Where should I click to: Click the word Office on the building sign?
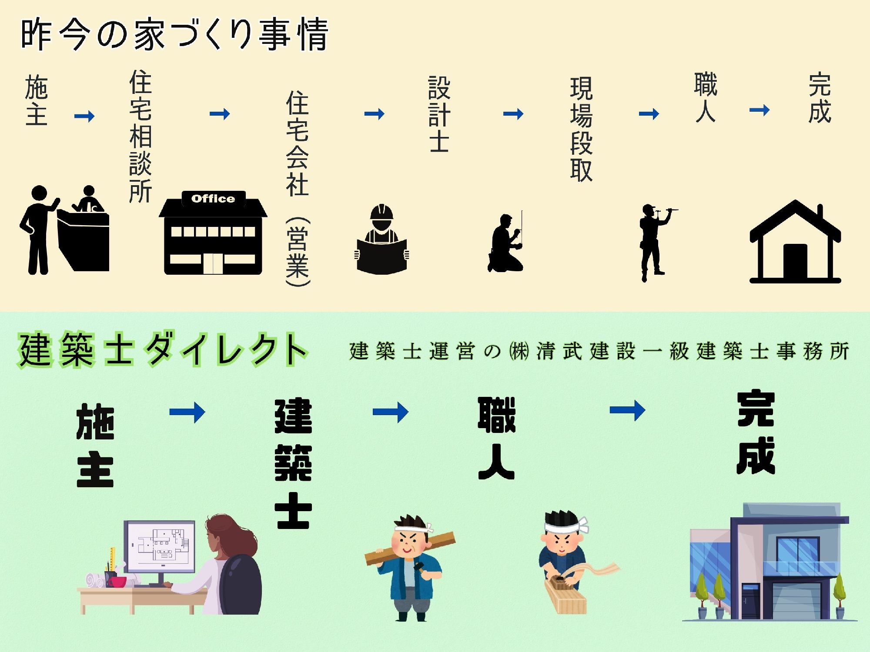click(x=213, y=199)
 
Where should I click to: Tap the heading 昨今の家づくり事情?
click(x=174, y=35)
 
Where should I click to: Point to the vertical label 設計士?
click(x=439, y=114)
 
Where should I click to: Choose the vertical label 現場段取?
click(x=581, y=129)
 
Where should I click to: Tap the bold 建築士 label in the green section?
click(x=293, y=463)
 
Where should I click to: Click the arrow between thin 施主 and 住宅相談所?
click(x=84, y=116)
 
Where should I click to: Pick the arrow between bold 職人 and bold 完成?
click(x=627, y=410)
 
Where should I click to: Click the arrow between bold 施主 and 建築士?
click(x=187, y=412)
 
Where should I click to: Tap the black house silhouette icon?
click(x=795, y=243)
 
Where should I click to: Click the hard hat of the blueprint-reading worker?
click(x=381, y=213)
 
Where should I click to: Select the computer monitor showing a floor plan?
click(x=159, y=547)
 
